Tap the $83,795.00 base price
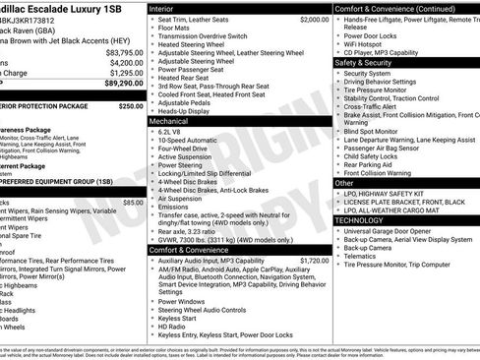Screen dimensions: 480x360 coord(117,51)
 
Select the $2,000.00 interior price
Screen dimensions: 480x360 coord(310,19)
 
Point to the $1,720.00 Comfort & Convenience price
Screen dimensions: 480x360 coord(310,261)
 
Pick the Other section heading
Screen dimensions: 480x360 coord(344,183)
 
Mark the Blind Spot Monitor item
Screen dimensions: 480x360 coord(375,130)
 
